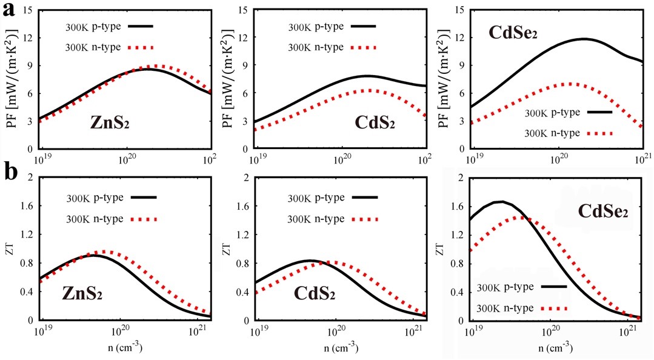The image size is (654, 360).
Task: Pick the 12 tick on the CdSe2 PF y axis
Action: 457,38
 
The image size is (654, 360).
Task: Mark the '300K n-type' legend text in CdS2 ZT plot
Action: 316,218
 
